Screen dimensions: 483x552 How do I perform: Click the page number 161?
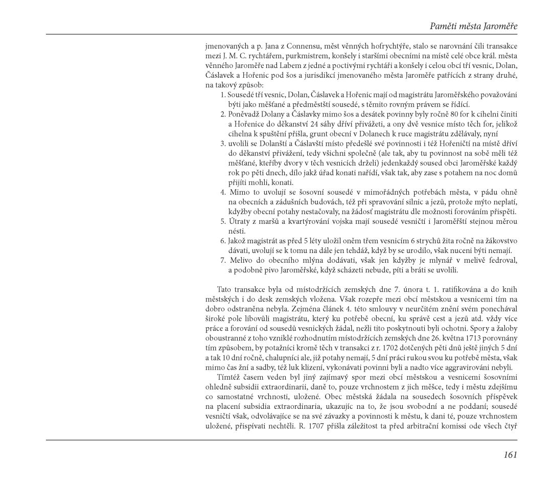click(x=510, y=454)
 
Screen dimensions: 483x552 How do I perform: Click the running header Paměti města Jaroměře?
click(x=473, y=25)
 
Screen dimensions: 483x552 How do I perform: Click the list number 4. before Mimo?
click(x=223, y=192)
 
